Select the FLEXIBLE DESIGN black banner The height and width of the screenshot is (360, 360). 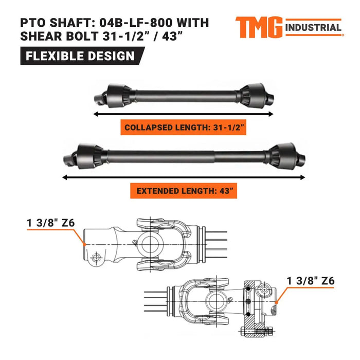(x=80, y=56)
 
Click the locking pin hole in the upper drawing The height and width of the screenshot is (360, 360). (x=95, y=257)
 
